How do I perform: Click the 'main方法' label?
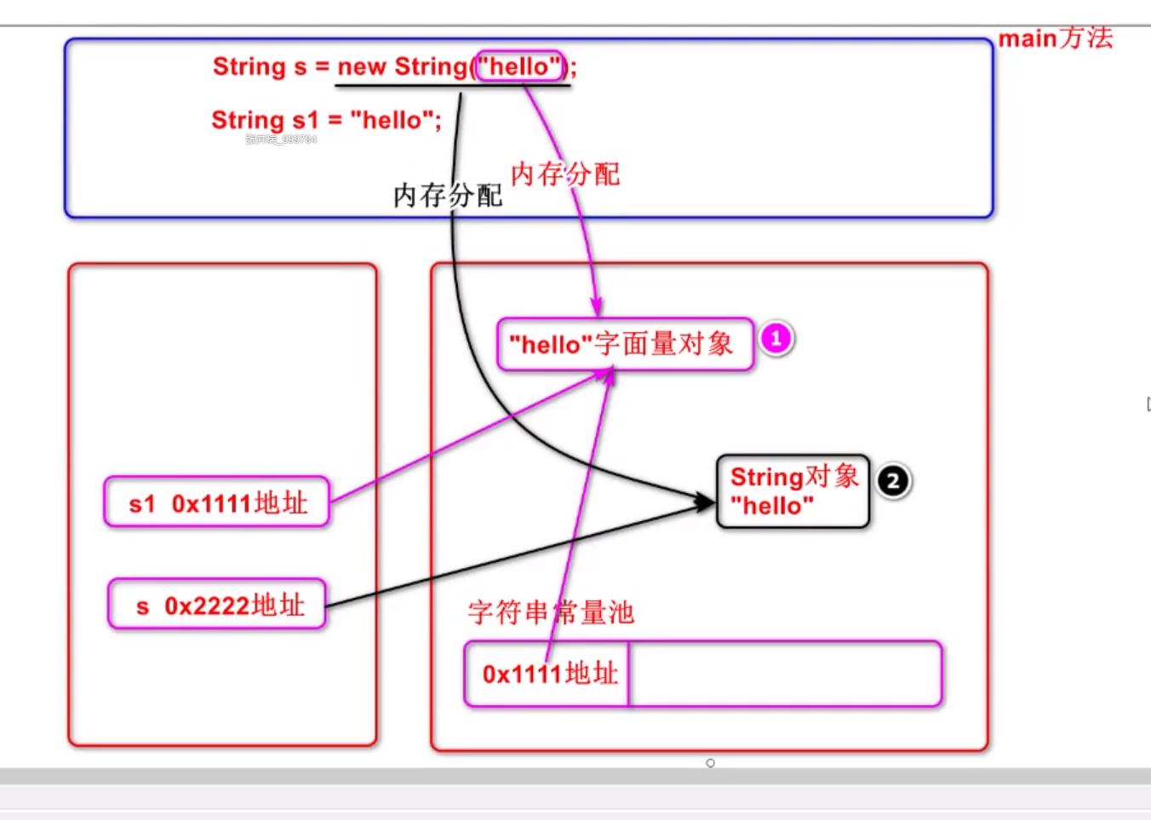[1055, 38]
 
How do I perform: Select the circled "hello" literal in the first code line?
[519, 66]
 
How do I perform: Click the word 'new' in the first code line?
[362, 66]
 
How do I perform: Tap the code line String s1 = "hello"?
[326, 120]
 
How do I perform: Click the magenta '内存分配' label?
[564, 175]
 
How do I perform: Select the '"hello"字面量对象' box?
[625, 344]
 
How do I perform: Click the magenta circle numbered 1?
[776, 339]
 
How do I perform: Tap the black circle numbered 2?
[893, 481]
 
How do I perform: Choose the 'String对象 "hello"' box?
[793, 491]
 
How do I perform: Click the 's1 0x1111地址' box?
[217, 502]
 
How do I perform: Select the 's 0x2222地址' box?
[217, 605]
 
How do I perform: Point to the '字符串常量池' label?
[550, 612]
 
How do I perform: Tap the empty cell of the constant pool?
[784, 674]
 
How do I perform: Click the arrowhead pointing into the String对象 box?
[706, 502]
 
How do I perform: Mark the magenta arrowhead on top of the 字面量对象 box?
[597, 307]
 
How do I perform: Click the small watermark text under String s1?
[281, 140]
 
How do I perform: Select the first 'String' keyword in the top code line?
[249, 66]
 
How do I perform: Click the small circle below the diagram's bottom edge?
[710, 763]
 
